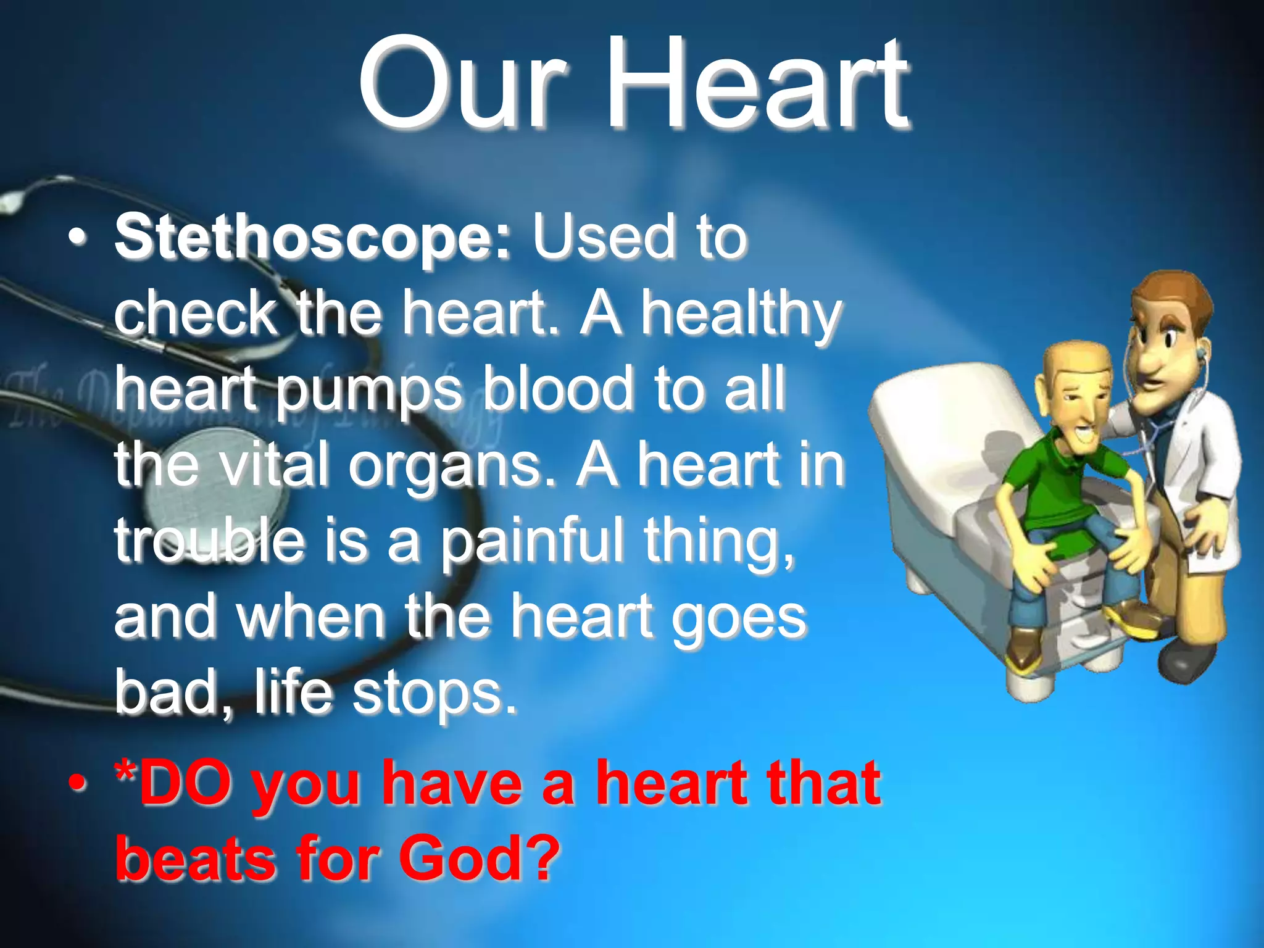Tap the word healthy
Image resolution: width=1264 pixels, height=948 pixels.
point(741,314)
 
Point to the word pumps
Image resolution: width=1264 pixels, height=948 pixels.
point(368,390)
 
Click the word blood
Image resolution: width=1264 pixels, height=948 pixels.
point(557,389)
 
